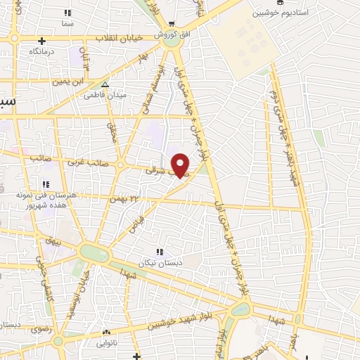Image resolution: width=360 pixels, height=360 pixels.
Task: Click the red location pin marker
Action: (x=181, y=165)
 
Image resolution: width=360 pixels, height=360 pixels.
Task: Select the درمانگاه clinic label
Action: (x=42, y=52)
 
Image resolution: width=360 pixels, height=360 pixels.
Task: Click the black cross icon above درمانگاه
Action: (x=42, y=41)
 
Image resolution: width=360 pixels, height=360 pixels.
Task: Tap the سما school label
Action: (x=67, y=24)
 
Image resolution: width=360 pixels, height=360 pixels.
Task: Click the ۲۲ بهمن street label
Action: (x=117, y=200)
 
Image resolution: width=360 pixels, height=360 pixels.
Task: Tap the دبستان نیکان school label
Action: (x=162, y=262)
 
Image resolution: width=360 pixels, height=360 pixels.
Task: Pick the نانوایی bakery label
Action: (x=106, y=343)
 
